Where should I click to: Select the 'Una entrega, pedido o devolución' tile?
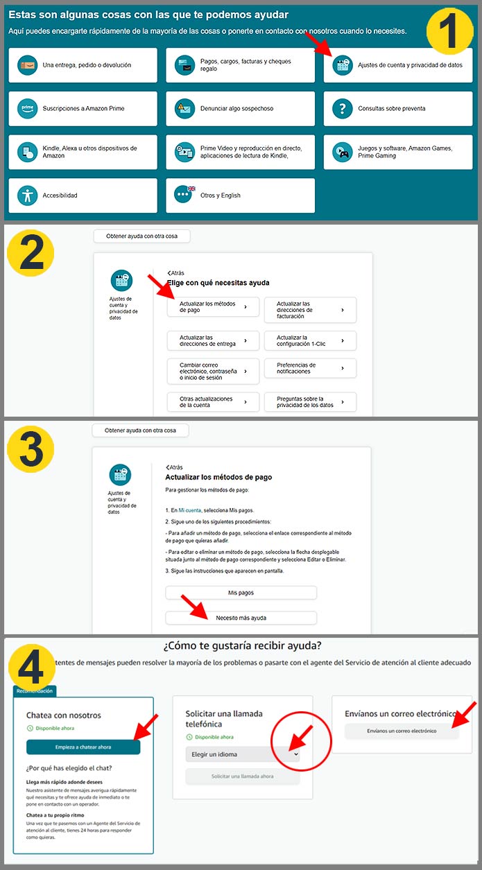(x=83, y=65)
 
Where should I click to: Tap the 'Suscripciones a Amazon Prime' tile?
(x=83, y=109)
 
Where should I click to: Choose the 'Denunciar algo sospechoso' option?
(x=240, y=109)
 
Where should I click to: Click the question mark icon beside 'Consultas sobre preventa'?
(x=343, y=109)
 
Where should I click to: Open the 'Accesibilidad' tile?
(x=83, y=195)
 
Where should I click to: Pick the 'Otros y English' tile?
(x=240, y=195)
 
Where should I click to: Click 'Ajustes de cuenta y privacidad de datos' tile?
(x=397, y=65)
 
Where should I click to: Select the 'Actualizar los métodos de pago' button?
(x=213, y=307)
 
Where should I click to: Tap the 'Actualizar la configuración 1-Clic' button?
(x=310, y=340)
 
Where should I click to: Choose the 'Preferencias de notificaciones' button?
(x=310, y=368)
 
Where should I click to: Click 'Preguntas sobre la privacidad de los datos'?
(x=310, y=402)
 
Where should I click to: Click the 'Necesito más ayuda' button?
(x=241, y=618)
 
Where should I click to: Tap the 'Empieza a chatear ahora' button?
(x=83, y=747)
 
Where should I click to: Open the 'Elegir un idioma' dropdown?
(x=242, y=754)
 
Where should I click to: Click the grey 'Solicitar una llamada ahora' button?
(x=242, y=776)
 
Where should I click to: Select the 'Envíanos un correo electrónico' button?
(x=402, y=731)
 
